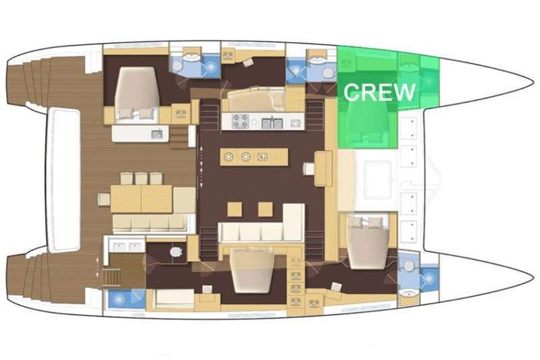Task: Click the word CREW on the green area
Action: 379,92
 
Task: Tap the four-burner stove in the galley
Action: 240,121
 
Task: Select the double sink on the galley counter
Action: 272,123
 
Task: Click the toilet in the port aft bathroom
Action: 176,252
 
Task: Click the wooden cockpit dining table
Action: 142,199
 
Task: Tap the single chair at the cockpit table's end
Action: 103,199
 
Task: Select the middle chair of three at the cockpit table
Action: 142,179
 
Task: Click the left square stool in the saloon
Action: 234,209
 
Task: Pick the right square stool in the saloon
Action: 265,209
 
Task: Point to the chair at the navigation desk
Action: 308,169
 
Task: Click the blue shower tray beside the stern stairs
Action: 127,299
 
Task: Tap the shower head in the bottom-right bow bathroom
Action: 429,279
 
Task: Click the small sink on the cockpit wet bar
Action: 157,134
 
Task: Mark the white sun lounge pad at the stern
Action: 64,180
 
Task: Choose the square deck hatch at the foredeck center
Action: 378,180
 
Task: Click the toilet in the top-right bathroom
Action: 328,73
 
